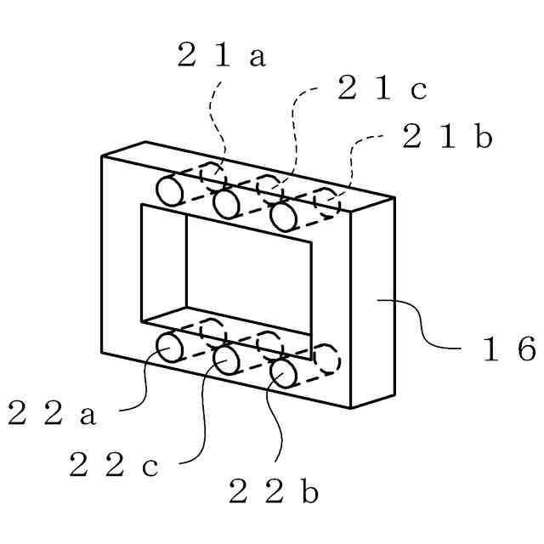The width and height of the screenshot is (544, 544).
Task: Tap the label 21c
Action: [x=382, y=88]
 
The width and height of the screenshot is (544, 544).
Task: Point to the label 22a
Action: [x=52, y=414]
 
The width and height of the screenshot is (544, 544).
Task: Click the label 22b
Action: [x=274, y=491]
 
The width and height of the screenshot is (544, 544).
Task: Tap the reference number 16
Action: [x=508, y=349]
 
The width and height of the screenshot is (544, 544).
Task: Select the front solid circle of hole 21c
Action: [x=226, y=204]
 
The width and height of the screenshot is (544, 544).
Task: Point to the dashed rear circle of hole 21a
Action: [x=213, y=175]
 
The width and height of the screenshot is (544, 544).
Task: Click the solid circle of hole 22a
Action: [x=171, y=347]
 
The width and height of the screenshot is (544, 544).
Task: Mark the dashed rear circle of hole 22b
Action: [x=326, y=358]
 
